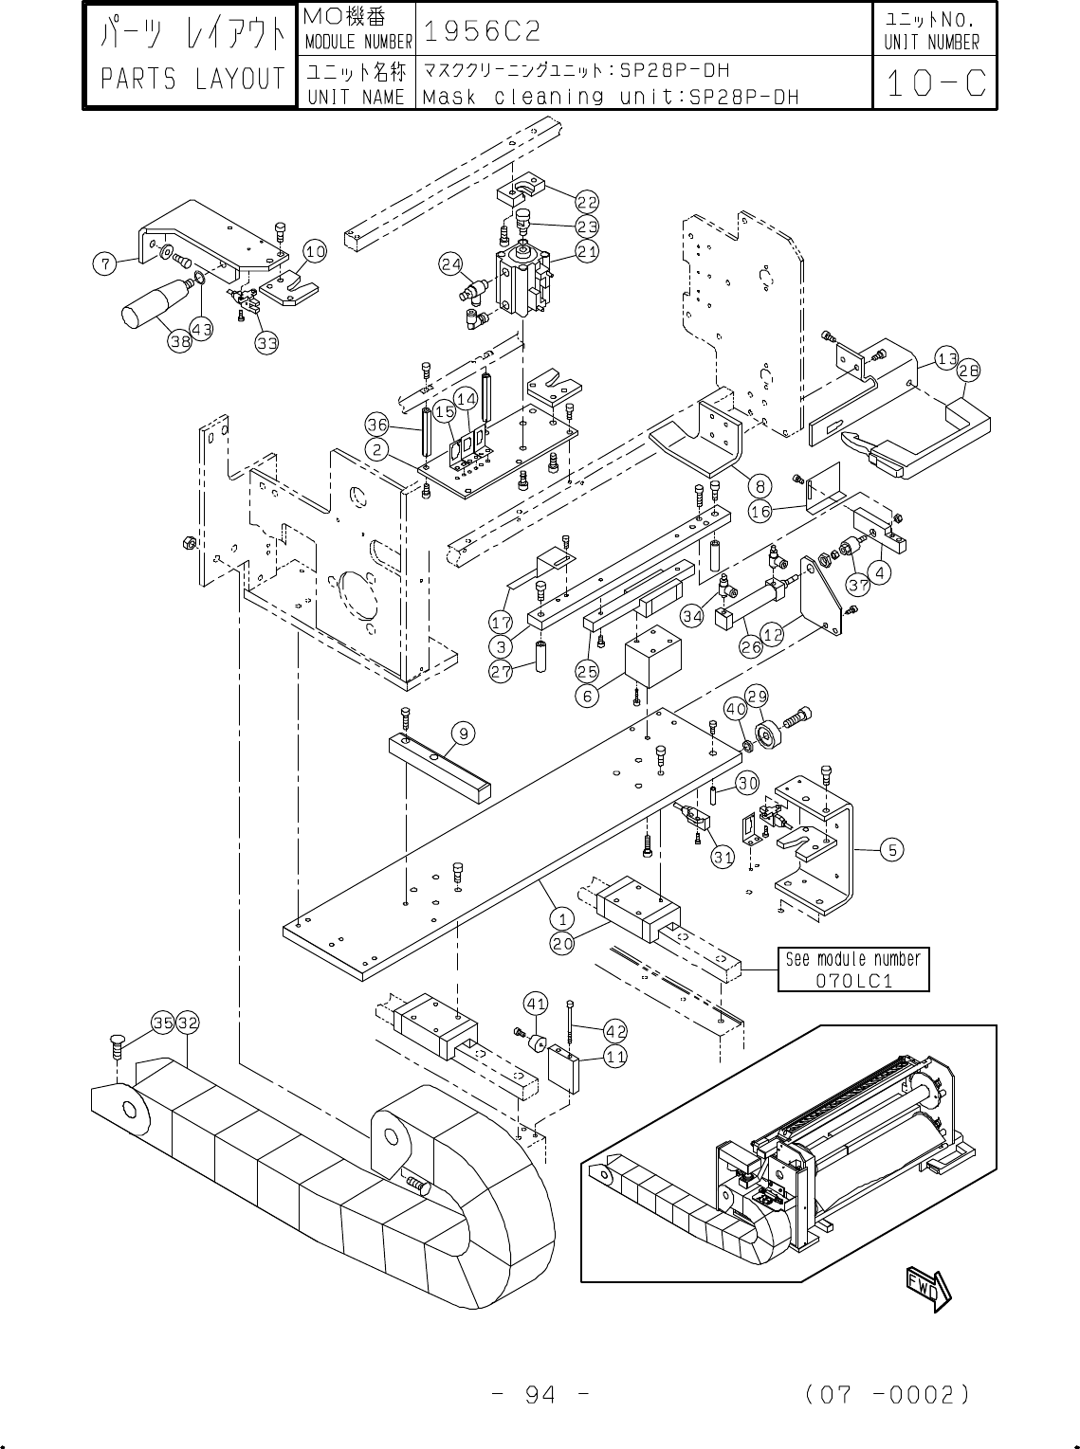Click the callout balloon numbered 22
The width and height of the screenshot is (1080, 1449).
coord(587,203)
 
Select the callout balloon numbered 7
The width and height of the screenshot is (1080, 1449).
coord(104,264)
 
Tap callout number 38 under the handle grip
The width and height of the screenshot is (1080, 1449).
coord(180,340)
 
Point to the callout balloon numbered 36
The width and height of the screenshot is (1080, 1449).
coord(377,426)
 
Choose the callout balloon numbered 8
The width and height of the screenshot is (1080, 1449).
coord(760,487)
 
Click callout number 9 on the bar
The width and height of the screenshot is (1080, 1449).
coord(463,734)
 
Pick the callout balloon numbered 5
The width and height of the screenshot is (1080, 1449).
coord(892,850)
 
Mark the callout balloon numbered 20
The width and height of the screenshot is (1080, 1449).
coord(562,943)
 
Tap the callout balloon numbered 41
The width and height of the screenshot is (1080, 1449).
coord(536,1005)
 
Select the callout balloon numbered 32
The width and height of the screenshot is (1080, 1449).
coord(188,1023)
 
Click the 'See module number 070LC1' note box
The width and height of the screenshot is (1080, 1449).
coord(853,969)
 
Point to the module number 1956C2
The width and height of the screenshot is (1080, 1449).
coord(482,30)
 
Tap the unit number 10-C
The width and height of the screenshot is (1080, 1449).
coord(935,83)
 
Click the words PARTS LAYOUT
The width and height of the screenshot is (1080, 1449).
coord(192,79)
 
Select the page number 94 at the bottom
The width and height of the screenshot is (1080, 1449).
coord(540,1395)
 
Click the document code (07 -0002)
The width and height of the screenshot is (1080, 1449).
coord(888,1395)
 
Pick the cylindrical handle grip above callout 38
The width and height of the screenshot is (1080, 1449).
coord(154,304)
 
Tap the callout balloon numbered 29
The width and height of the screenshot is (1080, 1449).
coord(757,697)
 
